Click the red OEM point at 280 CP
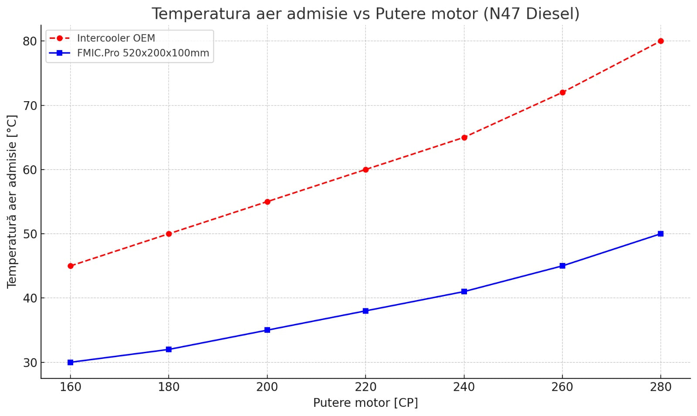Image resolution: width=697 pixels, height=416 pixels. pyautogui.click(x=660, y=41)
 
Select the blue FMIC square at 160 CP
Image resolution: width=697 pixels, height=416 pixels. pyautogui.click(x=71, y=362)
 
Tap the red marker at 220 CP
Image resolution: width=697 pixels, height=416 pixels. pyautogui.click(x=365, y=170)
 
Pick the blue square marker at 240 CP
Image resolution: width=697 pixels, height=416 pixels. pyautogui.click(x=464, y=291)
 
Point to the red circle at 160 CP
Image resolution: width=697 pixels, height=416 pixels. pyautogui.click(x=71, y=266)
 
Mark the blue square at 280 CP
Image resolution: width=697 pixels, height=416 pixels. pyautogui.click(x=660, y=234)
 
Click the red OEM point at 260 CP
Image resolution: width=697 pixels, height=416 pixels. pyautogui.click(x=562, y=92)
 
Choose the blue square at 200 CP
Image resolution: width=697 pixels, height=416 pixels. pyautogui.click(x=267, y=330)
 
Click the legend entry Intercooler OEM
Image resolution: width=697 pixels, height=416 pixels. pyautogui.click(x=116, y=38)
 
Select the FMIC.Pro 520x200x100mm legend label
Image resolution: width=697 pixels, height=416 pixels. pyautogui.click(x=143, y=53)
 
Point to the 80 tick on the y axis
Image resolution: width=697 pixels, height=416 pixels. pyautogui.click(x=30, y=41)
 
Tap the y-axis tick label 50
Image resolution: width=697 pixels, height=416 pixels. pyautogui.click(x=30, y=234)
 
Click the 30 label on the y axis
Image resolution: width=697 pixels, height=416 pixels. pyautogui.click(x=30, y=363)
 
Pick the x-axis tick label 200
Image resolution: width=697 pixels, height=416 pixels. pyautogui.click(x=267, y=387)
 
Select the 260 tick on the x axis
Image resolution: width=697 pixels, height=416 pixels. pyautogui.click(x=562, y=387)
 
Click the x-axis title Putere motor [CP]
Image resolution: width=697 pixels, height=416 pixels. pyautogui.click(x=365, y=403)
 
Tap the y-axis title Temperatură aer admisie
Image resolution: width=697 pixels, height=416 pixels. pyautogui.click(x=12, y=201)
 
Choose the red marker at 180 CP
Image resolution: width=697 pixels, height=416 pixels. pyautogui.click(x=169, y=234)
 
